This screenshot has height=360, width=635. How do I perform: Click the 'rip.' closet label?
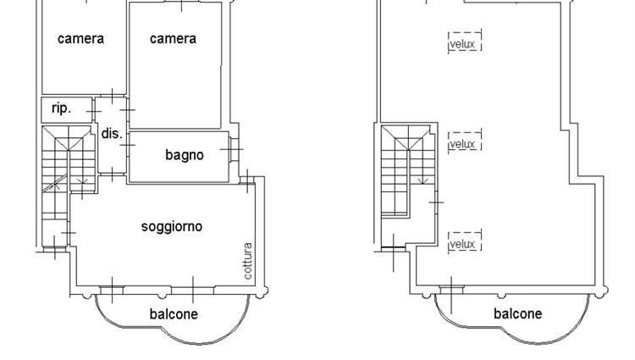(x=61, y=108)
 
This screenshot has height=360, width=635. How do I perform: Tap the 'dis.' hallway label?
(x=112, y=133)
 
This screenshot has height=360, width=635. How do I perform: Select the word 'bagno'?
(x=185, y=155)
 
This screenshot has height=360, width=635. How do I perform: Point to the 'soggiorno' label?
(x=172, y=226)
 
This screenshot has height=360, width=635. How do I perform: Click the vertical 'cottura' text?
(x=247, y=261)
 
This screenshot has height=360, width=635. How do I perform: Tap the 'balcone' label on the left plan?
(x=174, y=314)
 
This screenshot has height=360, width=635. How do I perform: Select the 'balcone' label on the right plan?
(x=517, y=313)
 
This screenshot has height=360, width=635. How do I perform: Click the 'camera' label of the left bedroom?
(x=80, y=39)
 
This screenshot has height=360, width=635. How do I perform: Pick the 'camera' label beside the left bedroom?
(x=173, y=39)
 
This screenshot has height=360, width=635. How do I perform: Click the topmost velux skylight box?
(x=465, y=42)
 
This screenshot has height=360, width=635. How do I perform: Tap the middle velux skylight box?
(x=465, y=141)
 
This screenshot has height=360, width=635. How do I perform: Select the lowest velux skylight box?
(x=465, y=241)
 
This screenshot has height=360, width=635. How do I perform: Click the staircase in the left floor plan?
(x=68, y=174)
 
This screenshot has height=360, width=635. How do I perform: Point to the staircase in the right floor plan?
(x=407, y=171)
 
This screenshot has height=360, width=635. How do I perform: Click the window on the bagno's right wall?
(x=234, y=149)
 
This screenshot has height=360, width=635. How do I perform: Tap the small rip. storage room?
(x=67, y=110)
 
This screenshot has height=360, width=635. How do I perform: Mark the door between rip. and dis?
(x=94, y=111)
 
